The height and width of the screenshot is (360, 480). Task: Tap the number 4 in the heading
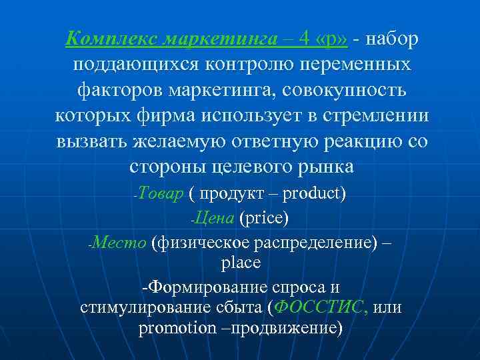point(303,40)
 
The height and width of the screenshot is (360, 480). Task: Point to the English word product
point(313,195)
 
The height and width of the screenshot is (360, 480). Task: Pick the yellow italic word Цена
point(214,218)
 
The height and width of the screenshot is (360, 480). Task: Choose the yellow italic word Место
point(120,241)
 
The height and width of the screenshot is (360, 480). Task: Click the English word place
point(240,263)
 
